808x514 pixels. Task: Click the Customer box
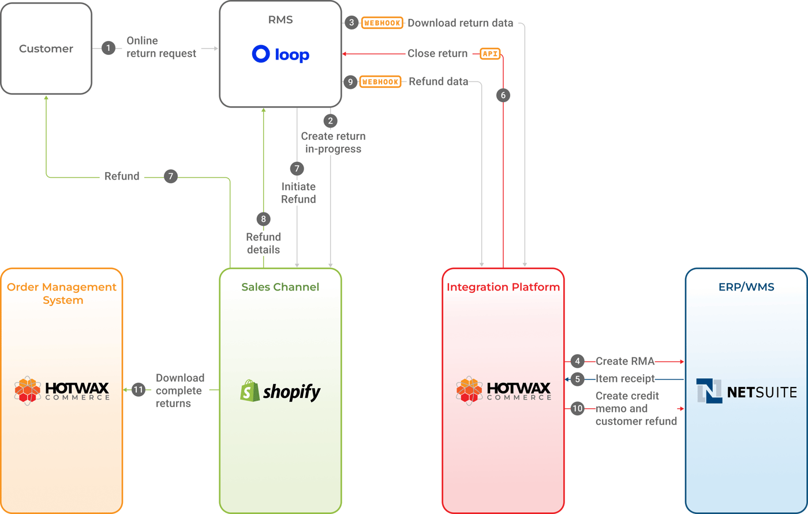click(46, 49)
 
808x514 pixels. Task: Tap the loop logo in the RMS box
click(280, 54)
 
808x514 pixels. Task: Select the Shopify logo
click(280, 391)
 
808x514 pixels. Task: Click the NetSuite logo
click(746, 391)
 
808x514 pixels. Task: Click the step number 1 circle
click(109, 48)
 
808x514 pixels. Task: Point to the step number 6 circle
click(503, 95)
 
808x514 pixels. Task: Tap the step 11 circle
click(138, 390)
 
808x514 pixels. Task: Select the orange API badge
click(490, 54)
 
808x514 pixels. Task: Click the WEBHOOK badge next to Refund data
click(380, 82)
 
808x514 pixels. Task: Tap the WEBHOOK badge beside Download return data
click(382, 23)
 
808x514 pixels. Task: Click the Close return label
click(437, 54)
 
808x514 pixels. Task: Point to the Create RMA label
click(625, 362)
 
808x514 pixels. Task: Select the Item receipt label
click(625, 379)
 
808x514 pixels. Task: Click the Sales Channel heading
click(280, 287)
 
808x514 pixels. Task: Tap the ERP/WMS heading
click(746, 287)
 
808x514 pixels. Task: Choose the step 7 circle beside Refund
click(170, 176)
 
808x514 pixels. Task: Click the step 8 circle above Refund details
click(263, 219)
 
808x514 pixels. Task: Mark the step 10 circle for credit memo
click(577, 408)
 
